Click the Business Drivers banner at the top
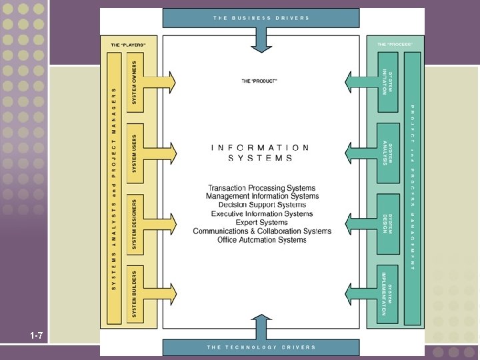point(261,18)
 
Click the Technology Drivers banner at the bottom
point(261,347)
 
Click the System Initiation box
point(387,81)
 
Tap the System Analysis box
point(387,153)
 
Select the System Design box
point(387,224)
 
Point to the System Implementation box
point(387,293)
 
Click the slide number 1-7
point(36,335)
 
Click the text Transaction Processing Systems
point(261,188)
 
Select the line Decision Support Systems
point(261,205)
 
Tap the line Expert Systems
point(261,223)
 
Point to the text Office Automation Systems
point(261,240)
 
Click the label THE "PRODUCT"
point(259,81)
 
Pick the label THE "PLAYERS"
point(129,44)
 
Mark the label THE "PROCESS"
point(395,44)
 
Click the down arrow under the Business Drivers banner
point(261,41)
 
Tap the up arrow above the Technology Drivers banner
point(261,329)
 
